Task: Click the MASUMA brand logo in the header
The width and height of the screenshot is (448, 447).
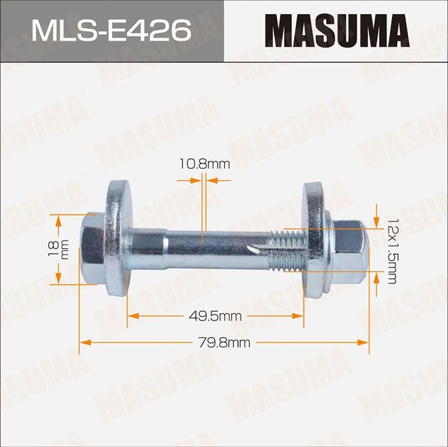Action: coord(337,31)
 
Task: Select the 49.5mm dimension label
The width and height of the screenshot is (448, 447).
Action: coord(216,316)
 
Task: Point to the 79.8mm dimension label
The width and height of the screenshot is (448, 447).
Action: coord(225,342)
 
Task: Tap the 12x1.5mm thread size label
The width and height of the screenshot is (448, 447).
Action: coord(391,249)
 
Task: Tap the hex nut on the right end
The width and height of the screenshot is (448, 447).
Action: coord(348,249)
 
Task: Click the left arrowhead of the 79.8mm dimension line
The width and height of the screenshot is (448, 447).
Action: coord(85,342)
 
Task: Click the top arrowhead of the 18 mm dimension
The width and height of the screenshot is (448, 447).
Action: coord(59,218)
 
